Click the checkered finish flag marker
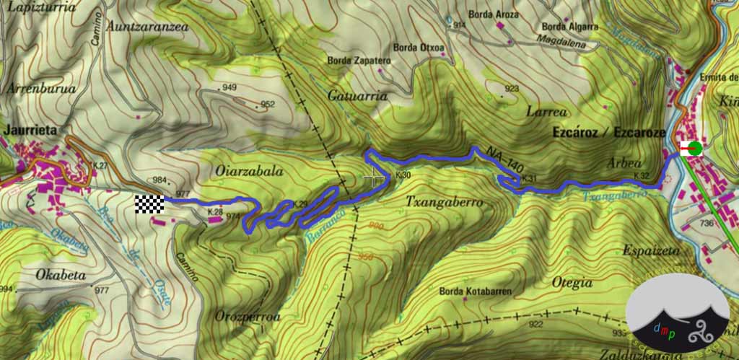(149, 204)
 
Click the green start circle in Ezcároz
(694, 149)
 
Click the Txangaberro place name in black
(444, 203)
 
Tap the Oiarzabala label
(247, 172)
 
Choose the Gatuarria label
(358, 95)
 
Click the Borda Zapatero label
(358, 61)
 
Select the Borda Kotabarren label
(476, 291)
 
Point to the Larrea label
(546, 112)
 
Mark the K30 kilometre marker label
(403, 175)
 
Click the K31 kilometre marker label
(530, 179)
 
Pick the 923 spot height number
(512, 89)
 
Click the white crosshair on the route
(373, 179)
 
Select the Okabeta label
(61, 275)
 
